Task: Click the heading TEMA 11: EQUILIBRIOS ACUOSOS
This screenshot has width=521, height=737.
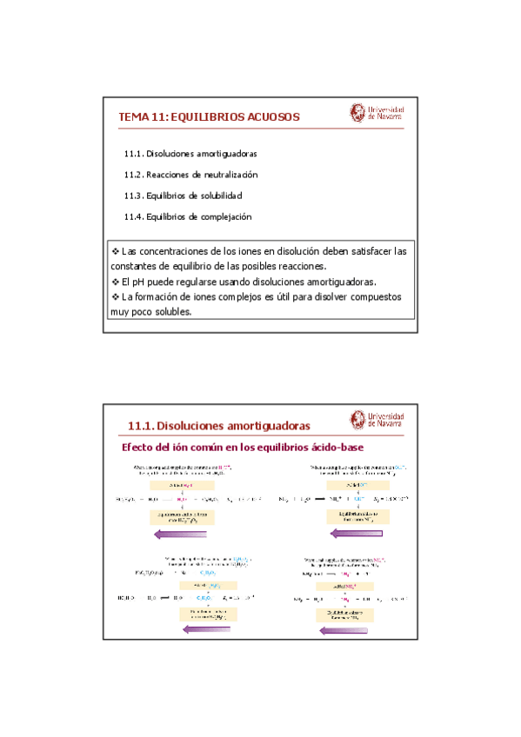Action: click(209, 116)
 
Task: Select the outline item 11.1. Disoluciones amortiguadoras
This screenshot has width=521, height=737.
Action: click(190, 154)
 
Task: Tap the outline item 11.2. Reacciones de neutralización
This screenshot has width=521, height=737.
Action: click(190, 175)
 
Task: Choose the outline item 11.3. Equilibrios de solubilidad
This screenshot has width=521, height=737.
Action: click(183, 196)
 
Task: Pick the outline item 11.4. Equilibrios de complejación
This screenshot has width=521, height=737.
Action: click(188, 216)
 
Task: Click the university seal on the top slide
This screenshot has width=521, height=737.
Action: click(357, 113)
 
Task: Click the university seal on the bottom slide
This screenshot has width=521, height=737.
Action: click(357, 421)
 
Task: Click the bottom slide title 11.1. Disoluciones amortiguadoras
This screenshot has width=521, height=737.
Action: click(218, 426)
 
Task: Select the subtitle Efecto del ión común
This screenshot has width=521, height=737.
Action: click(241, 448)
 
